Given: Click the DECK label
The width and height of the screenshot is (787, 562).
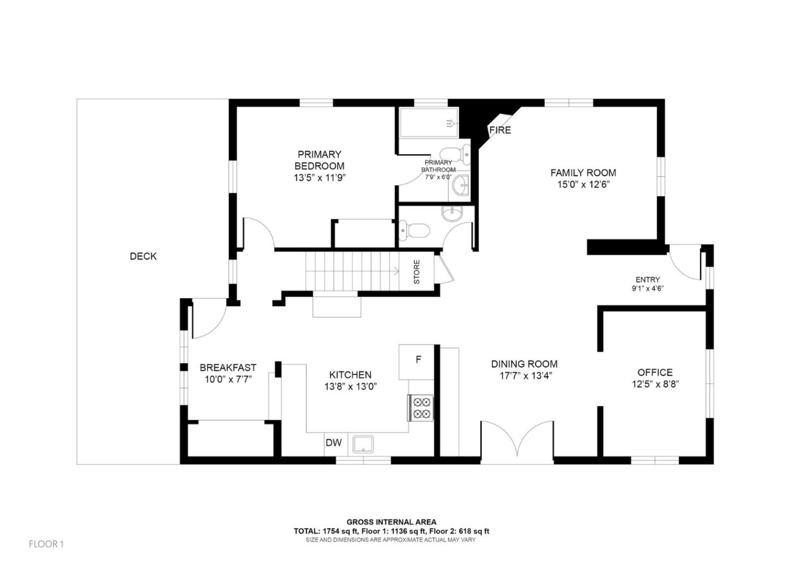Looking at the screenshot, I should [x=143, y=256].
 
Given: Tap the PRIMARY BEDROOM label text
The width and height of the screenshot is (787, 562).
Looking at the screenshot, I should [x=319, y=160].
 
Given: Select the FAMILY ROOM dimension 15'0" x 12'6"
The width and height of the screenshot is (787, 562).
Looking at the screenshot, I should [x=583, y=185].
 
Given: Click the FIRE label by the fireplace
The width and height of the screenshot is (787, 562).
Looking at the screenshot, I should [x=500, y=130].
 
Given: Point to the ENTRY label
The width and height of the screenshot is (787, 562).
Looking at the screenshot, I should [x=648, y=280].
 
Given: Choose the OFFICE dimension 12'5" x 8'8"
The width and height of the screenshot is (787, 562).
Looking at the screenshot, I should [x=655, y=384].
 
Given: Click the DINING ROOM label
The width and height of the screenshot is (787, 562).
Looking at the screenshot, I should [x=524, y=364].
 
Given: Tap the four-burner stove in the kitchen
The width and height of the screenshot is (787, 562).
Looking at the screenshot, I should [x=421, y=407].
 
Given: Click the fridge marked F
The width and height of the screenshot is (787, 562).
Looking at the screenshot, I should [x=418, y=360].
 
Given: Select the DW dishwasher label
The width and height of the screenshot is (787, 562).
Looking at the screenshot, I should [x=333, y=442].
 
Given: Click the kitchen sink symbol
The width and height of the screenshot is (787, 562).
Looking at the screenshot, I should [x=362, y=444].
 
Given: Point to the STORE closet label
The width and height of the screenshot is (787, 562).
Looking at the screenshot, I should [x=416, y=271].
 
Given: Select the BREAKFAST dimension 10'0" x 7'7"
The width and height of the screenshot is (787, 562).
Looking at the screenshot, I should [x=227, y=380].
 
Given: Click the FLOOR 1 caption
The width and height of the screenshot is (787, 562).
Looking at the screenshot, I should [x=46, y=544].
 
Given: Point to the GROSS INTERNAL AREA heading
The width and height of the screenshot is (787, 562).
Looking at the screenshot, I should [x=391, y=522].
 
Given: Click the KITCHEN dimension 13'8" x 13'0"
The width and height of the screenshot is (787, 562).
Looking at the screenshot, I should [x=350, y=386].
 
